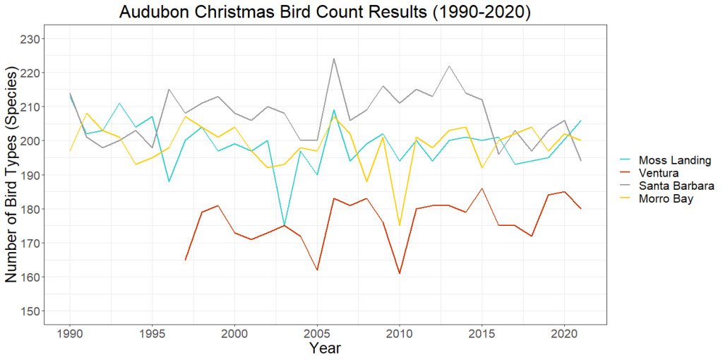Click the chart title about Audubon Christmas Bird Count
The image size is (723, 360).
[x=325, y=13]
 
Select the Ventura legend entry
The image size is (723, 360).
[x=657, y=173]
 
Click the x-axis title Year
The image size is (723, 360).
[x=325, y=348]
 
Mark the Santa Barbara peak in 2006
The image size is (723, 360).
[x=333, y=59]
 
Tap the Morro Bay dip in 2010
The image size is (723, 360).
[x=400, y=226]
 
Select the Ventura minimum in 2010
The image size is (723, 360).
[x=400, y=273]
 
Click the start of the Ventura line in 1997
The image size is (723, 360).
[x=185, y=260]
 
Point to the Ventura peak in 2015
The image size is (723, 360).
[x=482, y=188]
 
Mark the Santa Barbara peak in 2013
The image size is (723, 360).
[x=449, y=66]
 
